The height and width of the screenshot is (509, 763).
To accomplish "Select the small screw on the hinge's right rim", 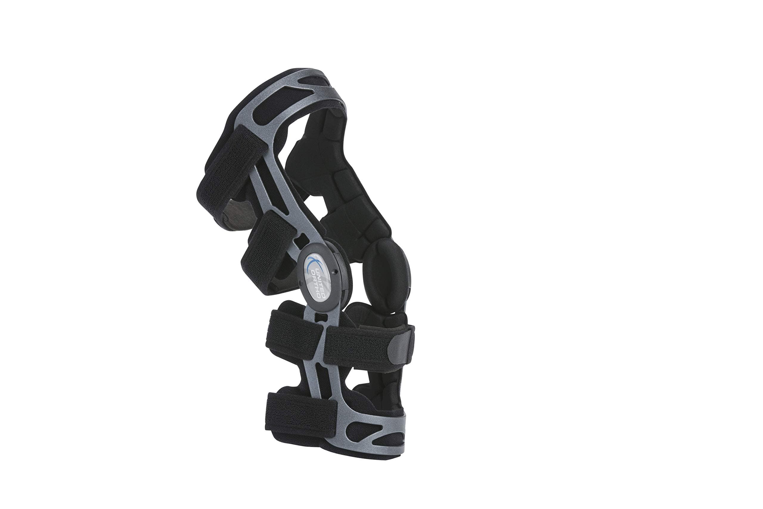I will tap(337, 260).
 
